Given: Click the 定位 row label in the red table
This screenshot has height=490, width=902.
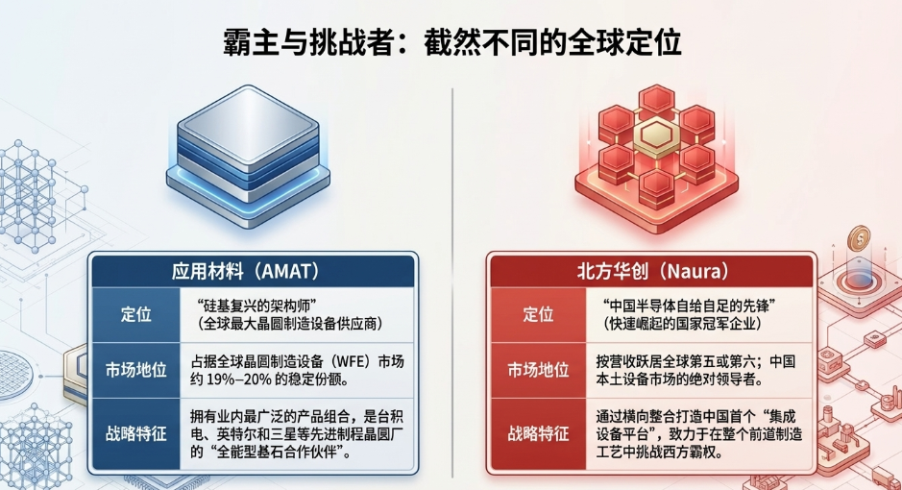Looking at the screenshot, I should [x=538, y=314].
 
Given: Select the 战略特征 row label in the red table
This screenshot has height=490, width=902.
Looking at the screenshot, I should [x=538, y=433].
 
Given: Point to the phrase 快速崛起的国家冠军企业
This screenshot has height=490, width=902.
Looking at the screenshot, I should [x=684, y=324].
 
